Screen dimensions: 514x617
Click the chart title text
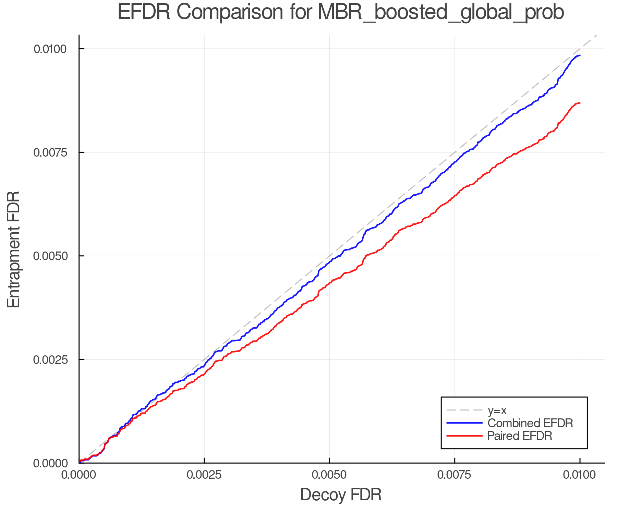341,12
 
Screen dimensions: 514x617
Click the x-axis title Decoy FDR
341,495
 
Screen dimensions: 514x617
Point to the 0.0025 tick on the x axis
204,475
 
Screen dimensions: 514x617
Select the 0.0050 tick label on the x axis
329,475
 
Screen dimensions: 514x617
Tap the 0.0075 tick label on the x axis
455,475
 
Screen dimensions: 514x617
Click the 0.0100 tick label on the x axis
579,475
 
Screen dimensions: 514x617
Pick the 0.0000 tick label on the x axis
79,475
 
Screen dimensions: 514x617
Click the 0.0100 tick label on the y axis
50,49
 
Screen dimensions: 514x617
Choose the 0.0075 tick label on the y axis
50,152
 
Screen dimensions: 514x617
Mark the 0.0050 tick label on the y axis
50,256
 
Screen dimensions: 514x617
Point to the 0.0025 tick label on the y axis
50,360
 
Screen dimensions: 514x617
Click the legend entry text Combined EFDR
530,423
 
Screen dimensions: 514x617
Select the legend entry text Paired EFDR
520,436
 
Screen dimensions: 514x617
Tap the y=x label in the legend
497,410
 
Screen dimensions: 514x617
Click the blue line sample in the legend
464,423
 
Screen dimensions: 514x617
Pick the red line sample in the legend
464,436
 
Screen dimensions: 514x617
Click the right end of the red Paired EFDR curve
579,103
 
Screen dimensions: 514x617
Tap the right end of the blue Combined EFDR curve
579,56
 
